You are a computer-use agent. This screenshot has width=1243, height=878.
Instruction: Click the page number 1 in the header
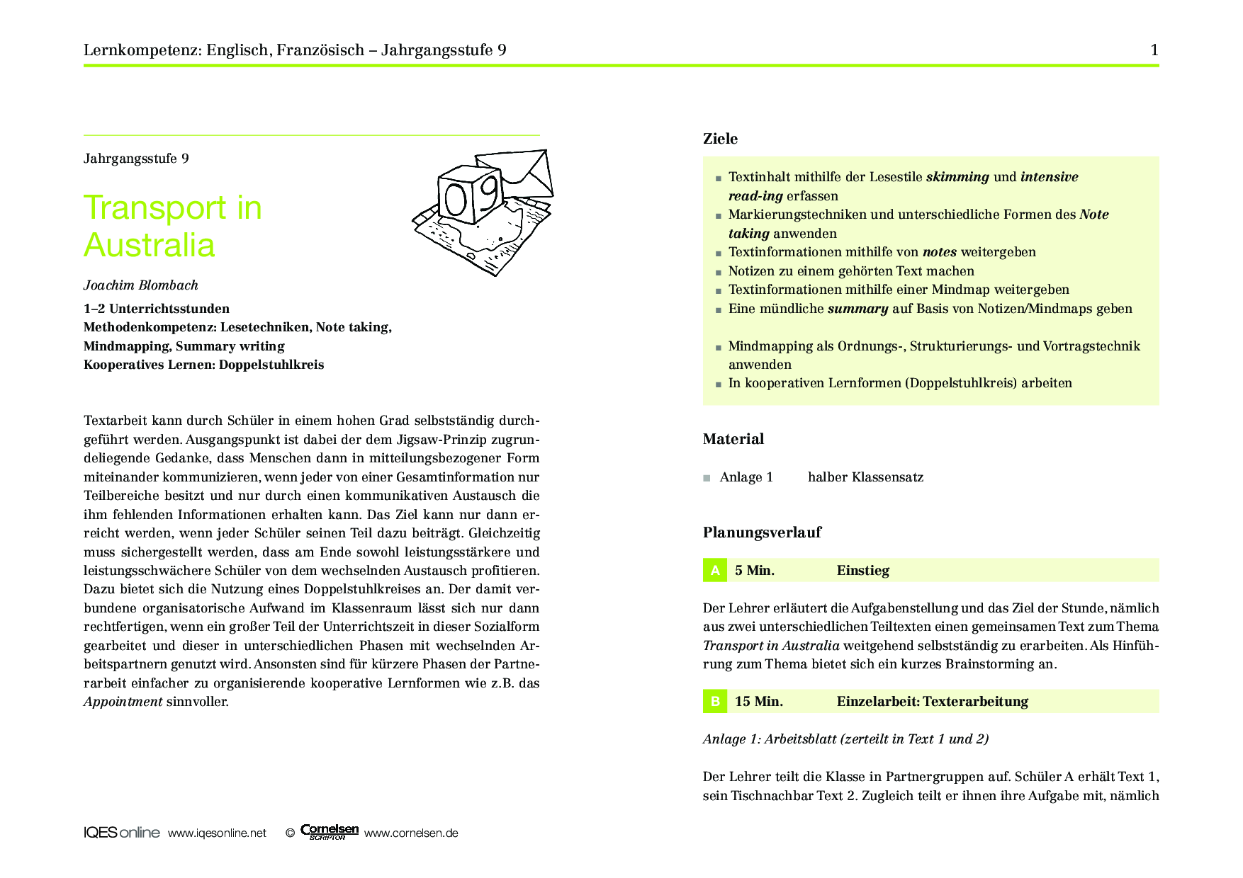point(1154,50)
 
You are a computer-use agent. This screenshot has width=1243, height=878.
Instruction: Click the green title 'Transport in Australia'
point(172,226)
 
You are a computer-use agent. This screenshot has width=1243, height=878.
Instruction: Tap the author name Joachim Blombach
point(140,285)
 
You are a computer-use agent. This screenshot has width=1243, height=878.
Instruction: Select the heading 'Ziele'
point(720,139)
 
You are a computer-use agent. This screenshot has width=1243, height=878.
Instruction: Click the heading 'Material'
point(733,439)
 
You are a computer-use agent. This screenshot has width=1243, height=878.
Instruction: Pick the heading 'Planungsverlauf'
point(762,532)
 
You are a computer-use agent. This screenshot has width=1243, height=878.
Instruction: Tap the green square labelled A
point(714,570)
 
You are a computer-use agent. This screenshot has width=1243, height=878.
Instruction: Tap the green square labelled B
point(714,701)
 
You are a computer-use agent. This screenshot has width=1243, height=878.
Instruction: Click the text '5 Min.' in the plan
point(754,571)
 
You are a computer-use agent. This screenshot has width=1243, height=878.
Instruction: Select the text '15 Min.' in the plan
point(758,702)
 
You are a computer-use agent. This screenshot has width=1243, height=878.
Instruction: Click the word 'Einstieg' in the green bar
point(862,571)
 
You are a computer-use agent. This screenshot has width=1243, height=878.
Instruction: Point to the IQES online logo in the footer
point(121,833)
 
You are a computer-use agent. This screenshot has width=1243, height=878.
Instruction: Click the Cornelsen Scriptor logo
point(329,831)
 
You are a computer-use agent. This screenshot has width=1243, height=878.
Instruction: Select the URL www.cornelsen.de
point(411,833)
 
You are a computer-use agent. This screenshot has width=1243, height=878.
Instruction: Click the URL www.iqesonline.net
point(217,833)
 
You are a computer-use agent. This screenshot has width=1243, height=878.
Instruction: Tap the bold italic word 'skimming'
point(957,177)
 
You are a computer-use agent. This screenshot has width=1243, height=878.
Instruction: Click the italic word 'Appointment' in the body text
point(123,702)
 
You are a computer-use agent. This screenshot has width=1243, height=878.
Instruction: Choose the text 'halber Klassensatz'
point(865,477)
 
